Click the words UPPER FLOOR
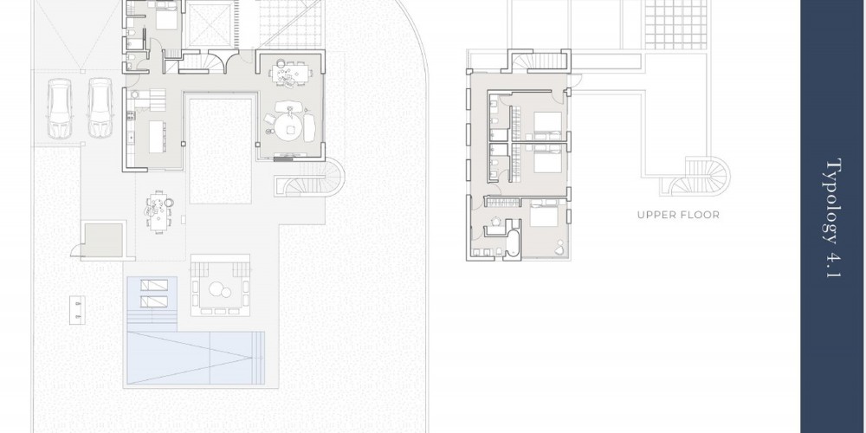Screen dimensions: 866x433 tap(678, 215)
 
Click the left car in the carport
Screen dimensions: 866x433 tap(60, 108)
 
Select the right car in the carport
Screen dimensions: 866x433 tap(100, 107)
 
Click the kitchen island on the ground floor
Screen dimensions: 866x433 tap(157, 137)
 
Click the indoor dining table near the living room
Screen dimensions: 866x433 tap(289, 73)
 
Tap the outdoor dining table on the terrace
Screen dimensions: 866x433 tap(158, 212)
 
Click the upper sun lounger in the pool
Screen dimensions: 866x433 tap(154, 285)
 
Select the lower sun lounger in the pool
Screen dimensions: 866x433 tap(154, 301)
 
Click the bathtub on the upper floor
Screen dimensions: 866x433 tap(513, 243)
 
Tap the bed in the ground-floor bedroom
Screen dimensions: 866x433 tap(167, 16)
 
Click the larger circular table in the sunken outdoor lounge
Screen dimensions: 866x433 tap(216, 289)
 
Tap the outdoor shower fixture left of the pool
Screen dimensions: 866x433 tap(77, 310)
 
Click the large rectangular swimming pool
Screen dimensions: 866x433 tap(196, 358)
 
